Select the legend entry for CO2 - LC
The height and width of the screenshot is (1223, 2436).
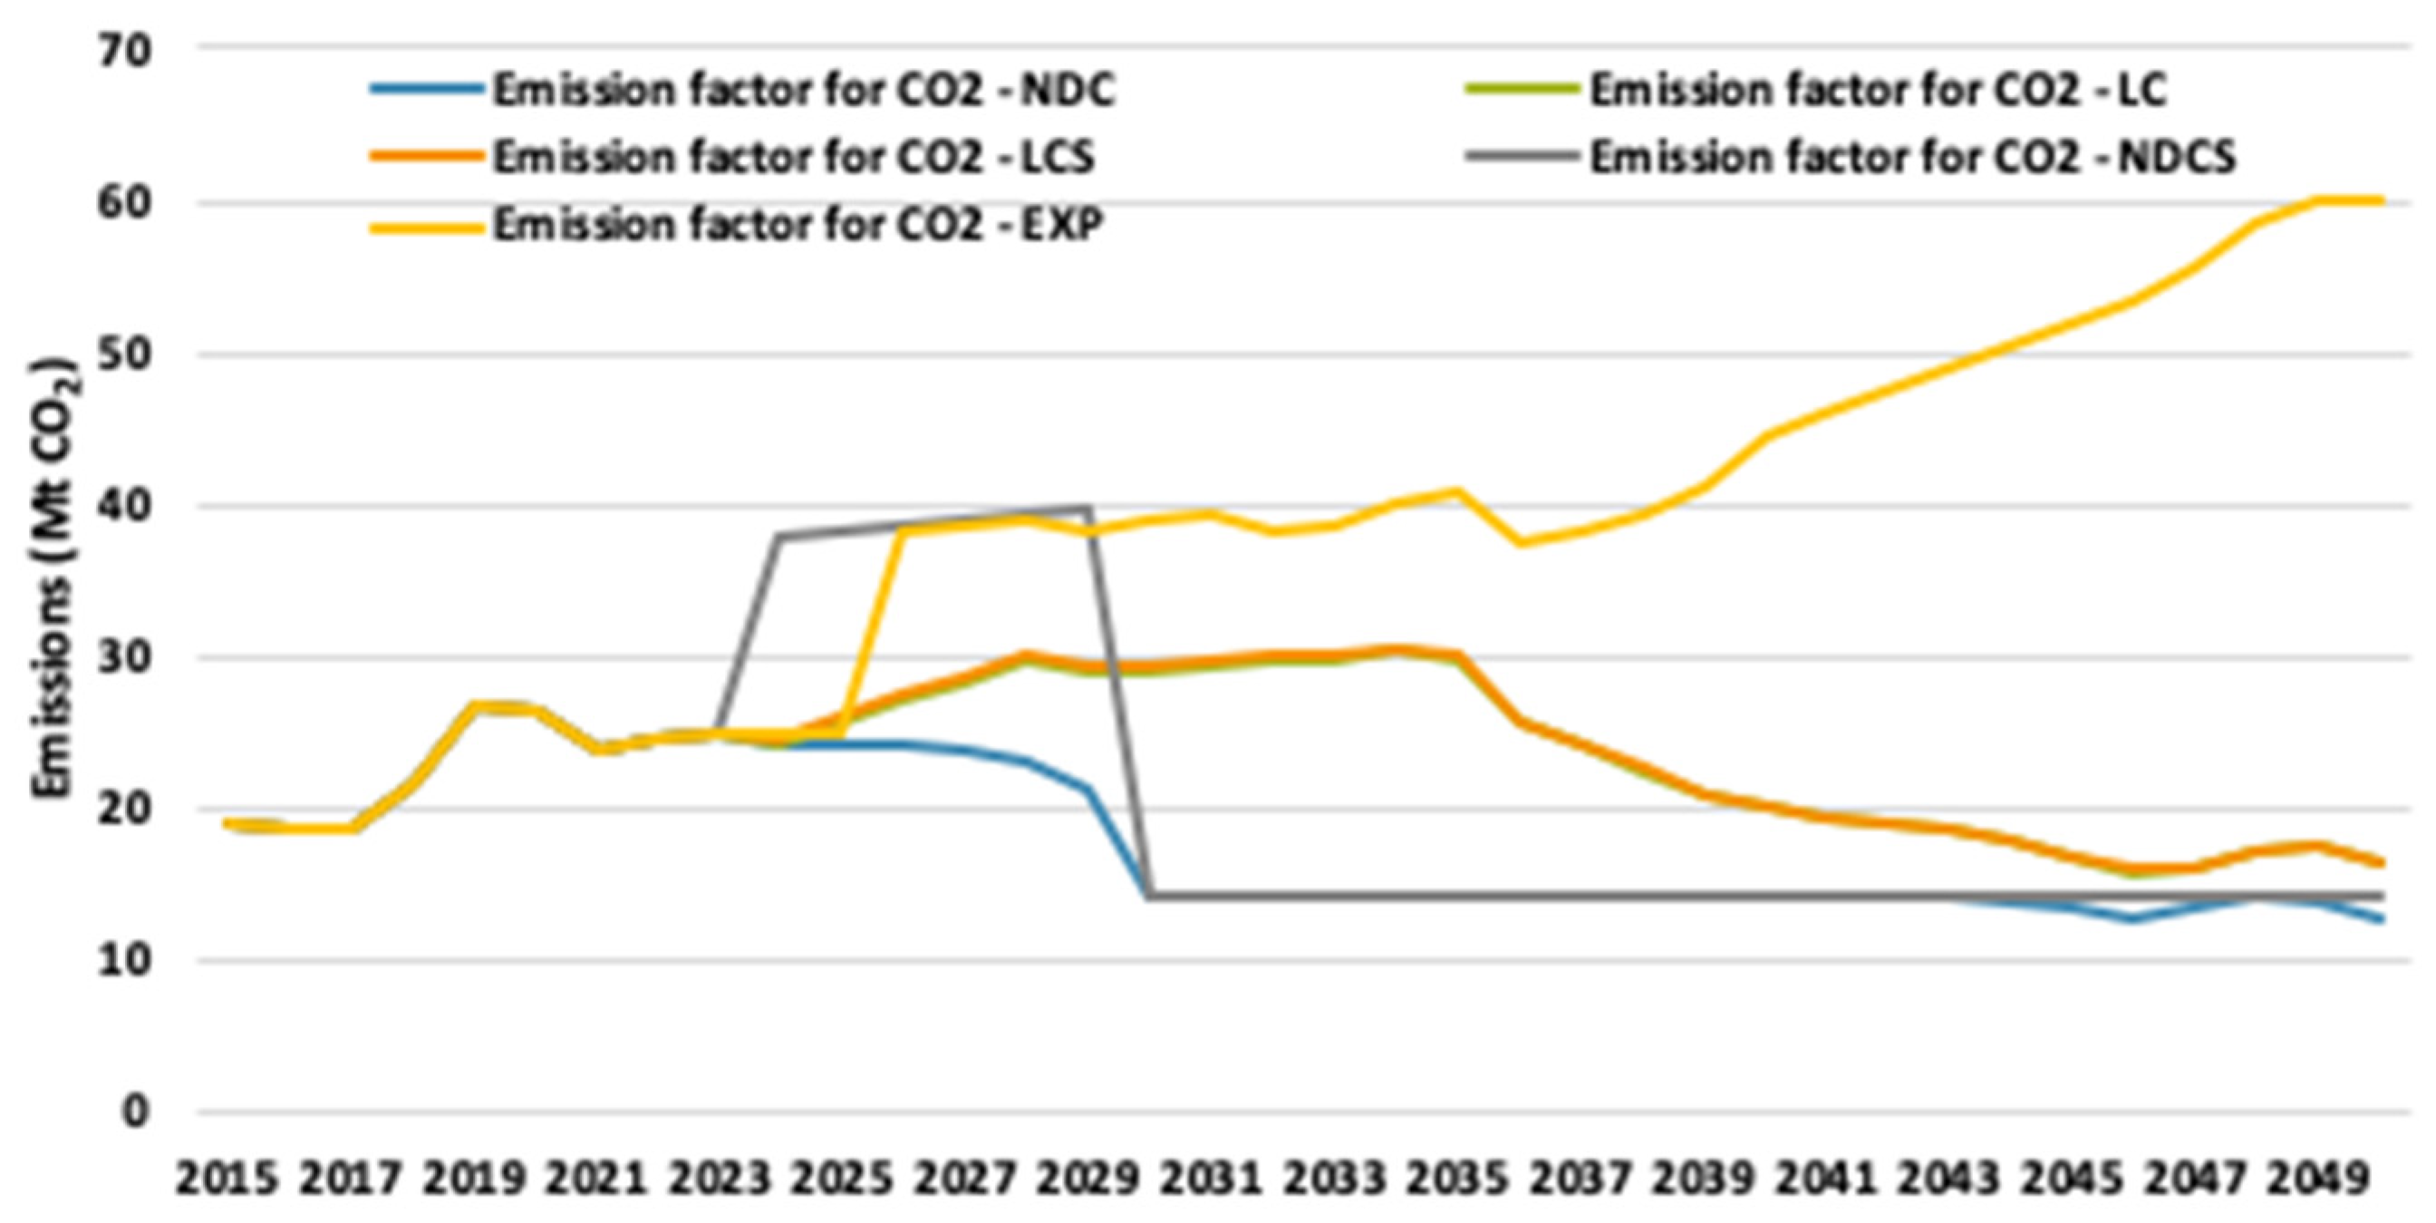coord(1877,91)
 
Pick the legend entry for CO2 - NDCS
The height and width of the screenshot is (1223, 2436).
coord(1912,157)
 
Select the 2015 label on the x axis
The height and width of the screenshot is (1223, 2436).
coord(227,1180)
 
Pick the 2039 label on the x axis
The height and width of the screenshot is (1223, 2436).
coord(1701,1180)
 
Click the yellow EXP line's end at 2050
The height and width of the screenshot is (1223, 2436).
coord(2381,200)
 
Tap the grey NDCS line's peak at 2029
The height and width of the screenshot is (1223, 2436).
coord(1089,508)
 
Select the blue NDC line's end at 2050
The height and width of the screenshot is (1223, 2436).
coord(2381,919)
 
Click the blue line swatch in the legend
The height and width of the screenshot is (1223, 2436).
coord(428,91)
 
